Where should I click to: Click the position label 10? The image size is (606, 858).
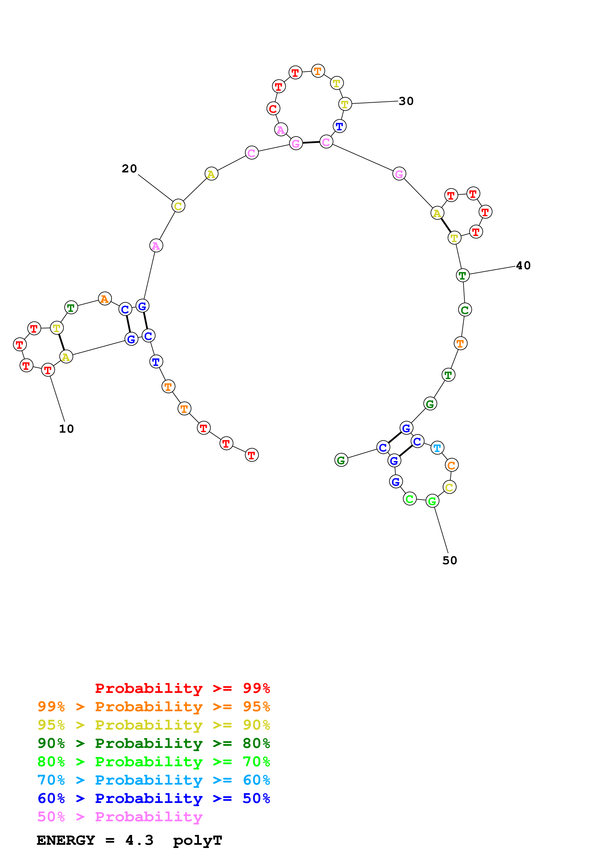pos(66,429)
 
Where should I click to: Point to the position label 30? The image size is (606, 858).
pos(406,101)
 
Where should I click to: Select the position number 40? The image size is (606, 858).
pos(523,265)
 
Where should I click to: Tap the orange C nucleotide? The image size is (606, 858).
pos(452,465)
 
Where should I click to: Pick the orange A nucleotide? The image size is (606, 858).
pos(105,299)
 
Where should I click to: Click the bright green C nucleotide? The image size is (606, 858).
pos(410,499)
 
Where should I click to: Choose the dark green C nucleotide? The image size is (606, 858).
pos(465,310)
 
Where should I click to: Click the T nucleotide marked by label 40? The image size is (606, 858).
pos(463,275)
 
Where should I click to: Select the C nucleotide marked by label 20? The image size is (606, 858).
pos(178,206)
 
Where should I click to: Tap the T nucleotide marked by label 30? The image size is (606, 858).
pos(345,104)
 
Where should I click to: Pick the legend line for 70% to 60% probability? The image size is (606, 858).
pos(154,780)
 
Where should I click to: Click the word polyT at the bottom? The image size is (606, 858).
pos(198,840)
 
